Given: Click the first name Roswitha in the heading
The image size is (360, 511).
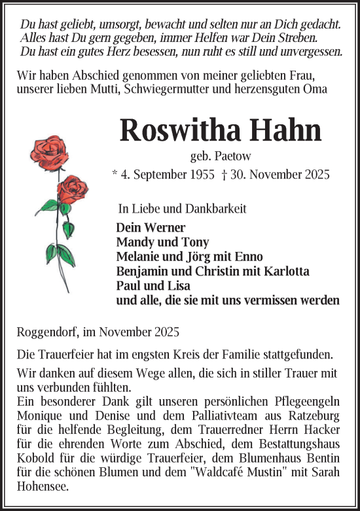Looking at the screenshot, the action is point(178,131).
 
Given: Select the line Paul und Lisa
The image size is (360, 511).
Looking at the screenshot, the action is point(153,286).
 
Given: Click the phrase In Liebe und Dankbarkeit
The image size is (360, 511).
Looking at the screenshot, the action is point(177,209).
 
